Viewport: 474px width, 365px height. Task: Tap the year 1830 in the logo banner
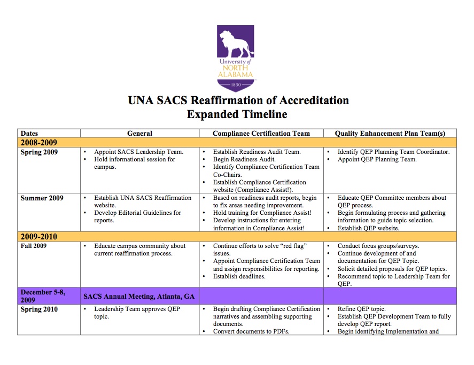(x=236, y=84)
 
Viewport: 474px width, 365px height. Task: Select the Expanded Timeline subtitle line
(x=237, y=114)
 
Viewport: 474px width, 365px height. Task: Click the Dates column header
(x=29, y=134)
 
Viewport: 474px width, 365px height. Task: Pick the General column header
(x=139, y=134)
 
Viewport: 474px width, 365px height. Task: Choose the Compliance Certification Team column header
(x=261, y=134)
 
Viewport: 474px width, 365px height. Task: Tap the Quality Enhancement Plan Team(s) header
(x=390, y=134)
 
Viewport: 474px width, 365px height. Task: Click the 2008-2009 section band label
(x=38, y=143)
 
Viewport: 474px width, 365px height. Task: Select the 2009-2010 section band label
(x=38, y=237)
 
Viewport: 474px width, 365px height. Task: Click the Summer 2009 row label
(x=42, y=198)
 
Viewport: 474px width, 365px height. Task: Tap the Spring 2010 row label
(x=39, y=309)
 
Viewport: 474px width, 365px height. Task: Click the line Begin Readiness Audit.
(x=244, y=159)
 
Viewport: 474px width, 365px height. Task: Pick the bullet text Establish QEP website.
(x=368, y=228)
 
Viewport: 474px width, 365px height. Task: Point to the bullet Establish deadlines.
(x=239, y=276)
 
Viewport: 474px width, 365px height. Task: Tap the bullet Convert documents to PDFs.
(x=251, y=331)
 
